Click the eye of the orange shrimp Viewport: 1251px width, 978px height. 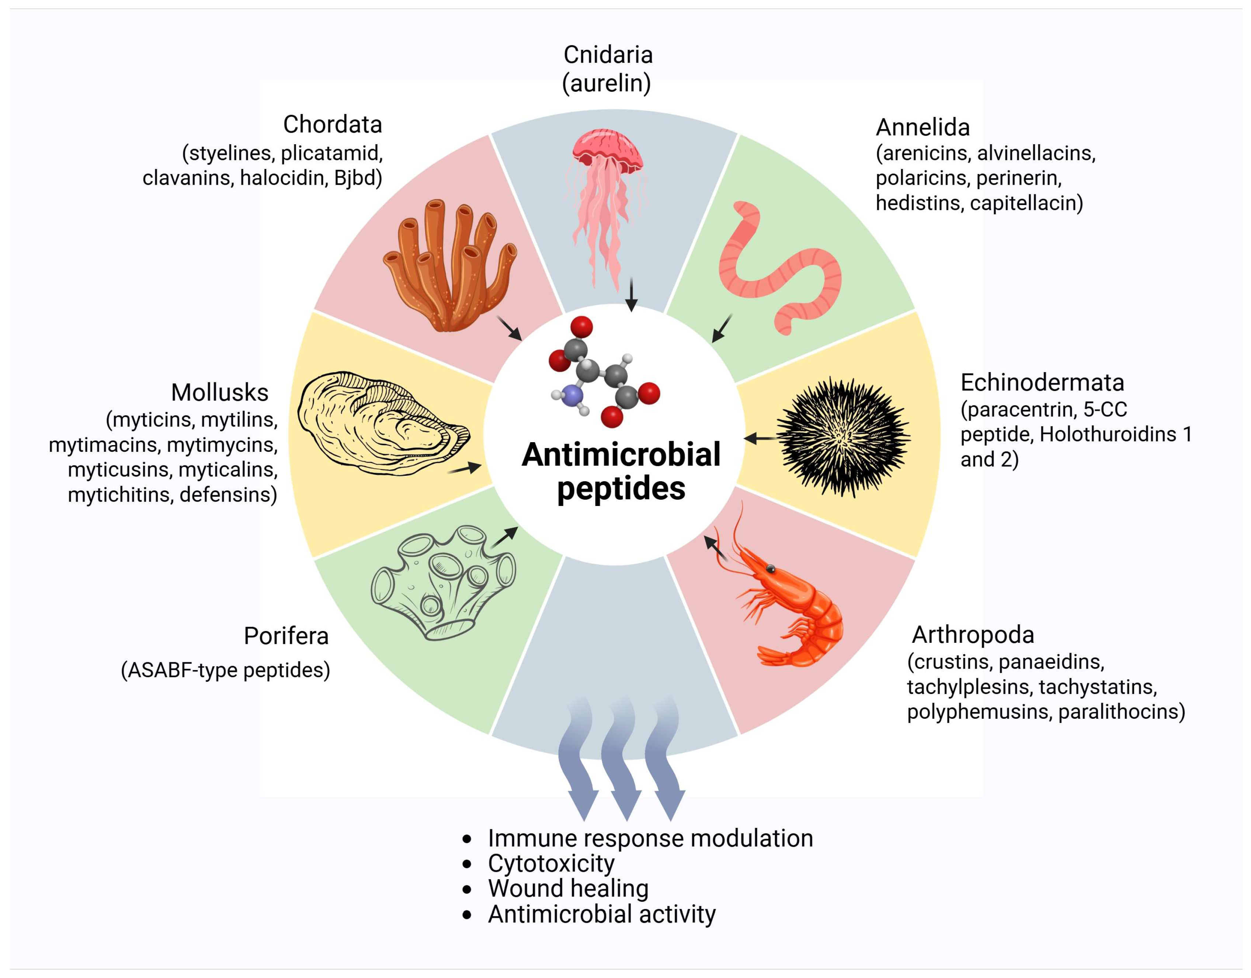[x=771, y=569]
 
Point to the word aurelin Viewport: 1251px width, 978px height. [x=607, y=84]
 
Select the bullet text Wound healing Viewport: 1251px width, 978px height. [x=568, y=889]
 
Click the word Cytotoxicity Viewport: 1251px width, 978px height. [x=551, y=863]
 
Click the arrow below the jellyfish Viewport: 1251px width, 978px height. [x=631, y=295]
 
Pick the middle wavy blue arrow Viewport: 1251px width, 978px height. [x=622, y=756]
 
